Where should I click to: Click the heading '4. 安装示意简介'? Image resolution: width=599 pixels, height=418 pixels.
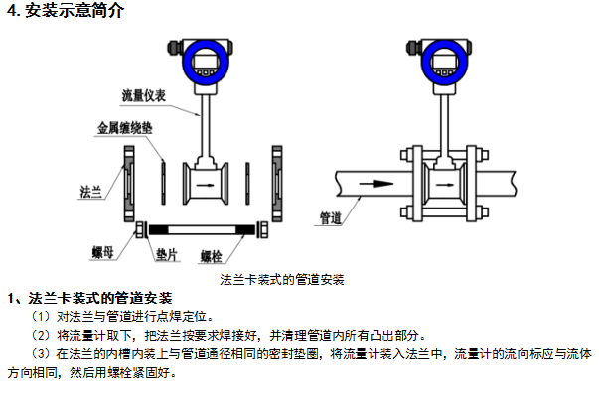[x=63, y=12]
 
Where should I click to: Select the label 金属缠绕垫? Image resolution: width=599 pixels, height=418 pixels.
[x=126, y=129]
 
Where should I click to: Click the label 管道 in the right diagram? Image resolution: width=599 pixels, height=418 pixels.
[x=331, y=216]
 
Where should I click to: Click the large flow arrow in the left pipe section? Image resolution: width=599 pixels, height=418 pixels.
[x=374, y=183]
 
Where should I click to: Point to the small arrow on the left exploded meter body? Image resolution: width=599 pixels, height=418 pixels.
[x=206, y=184]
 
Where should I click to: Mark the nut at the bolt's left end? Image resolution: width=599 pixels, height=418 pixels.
[x=140, y=230]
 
